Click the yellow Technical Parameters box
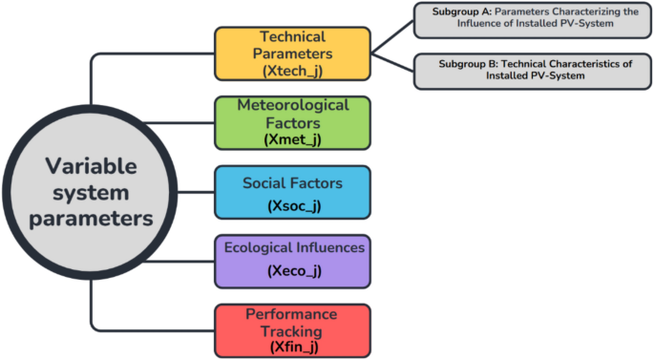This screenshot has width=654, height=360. point(292,52)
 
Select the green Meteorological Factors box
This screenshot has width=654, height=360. point(292,121)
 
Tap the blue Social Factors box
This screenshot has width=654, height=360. point(292,191)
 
